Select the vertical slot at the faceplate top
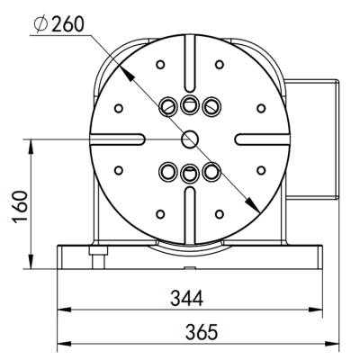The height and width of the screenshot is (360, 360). point(189,56)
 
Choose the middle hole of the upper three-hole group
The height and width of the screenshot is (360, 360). point(189,104)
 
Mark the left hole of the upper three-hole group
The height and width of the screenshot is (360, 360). point(167,107)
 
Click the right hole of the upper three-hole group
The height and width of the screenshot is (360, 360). point(211,107)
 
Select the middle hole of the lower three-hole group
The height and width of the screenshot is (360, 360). point(189,173)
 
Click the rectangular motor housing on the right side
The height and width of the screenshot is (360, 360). point(313,137)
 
